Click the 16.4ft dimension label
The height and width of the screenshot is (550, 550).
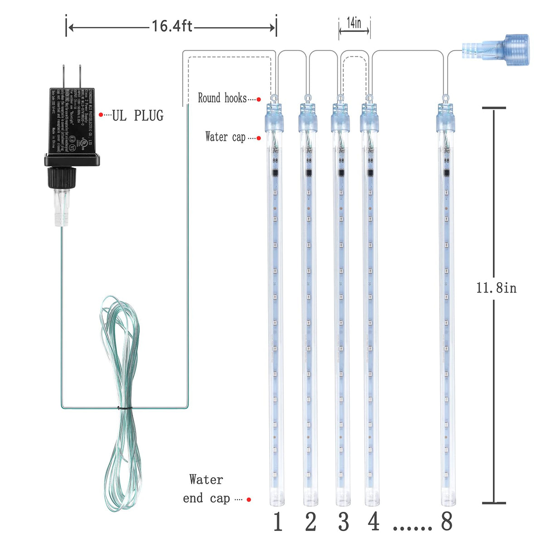[x=172, y=26]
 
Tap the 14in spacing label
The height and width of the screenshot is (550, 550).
[x=354, y=23]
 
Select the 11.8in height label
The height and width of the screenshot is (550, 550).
[x=496, y=288]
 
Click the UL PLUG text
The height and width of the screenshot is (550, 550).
[x=137, y=116]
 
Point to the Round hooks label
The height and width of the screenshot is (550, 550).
[x=222, y=98]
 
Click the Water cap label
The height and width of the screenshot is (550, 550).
[x=225, y=137]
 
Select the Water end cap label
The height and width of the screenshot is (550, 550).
[x=206, y=489]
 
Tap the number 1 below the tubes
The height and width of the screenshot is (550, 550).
[x=278, y=522]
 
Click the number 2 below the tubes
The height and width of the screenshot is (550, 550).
[x=310, y=522]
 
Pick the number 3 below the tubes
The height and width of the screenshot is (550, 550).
[x=343, y=522]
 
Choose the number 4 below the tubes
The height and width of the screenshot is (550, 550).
[x=374, y=522]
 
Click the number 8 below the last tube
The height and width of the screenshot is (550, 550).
[x=447, y=522]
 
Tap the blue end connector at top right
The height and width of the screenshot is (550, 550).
[x=498, y=49]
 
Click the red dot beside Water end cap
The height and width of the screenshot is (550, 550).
[x=249, y=500]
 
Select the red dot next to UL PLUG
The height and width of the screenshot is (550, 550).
[x=101, y=115]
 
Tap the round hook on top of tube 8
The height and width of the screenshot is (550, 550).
[x=444, y=97]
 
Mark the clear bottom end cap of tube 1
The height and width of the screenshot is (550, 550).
[x=276, y=496]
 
